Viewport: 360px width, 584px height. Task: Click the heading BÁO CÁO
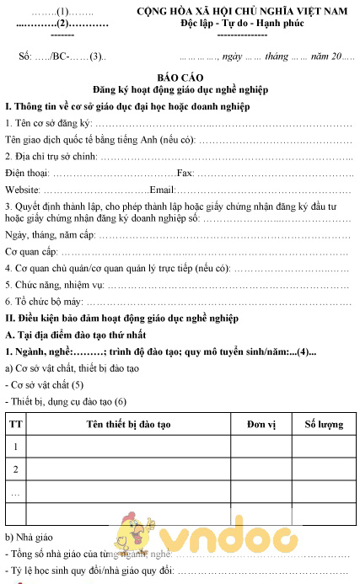(180, 76)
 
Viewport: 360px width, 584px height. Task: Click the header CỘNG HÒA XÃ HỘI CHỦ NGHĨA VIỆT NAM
(243, 11)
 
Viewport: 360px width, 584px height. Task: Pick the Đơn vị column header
(261, 423)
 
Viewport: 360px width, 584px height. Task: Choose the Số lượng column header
(323, 423)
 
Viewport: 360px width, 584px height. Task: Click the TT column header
(15, 423)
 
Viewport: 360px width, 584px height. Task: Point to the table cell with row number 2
(15, 468)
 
